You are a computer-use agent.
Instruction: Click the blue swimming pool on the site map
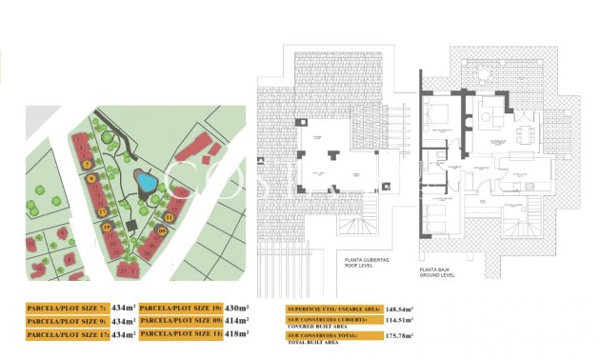tap(146, 181)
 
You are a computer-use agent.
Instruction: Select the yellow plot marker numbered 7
tap(89, 177)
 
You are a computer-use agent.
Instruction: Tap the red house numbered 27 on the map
tap(123, 270)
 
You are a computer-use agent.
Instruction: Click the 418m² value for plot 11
tap(237, 334)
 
